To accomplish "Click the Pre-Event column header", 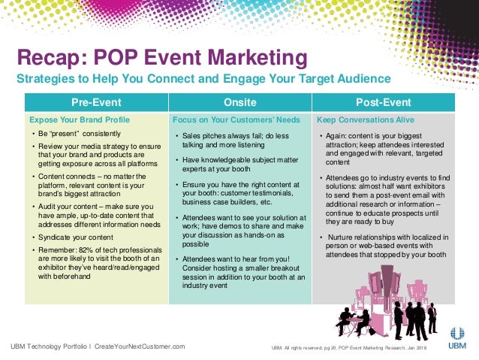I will pos(95,102).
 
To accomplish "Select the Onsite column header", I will pos(239,102).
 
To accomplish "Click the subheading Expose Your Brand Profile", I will pos(80,119).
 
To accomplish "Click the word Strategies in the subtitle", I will pos(44,80).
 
